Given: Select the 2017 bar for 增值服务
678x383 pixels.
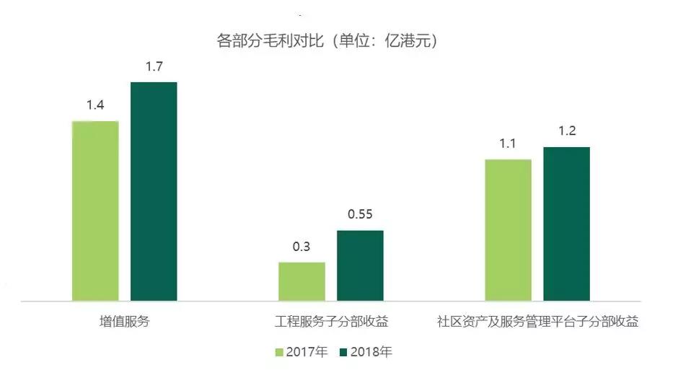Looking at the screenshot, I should click(x=95, y=210).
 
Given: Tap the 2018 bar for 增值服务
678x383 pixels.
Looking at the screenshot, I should click(x=154, y=191).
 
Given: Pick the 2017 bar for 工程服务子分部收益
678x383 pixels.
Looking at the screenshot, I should click(x=301, y=281).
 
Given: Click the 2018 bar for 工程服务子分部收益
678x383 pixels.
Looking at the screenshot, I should click(x=360, y=265).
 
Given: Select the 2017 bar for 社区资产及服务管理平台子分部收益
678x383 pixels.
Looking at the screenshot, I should click(x=508, y=229).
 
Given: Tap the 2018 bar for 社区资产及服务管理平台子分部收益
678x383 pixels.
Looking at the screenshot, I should click(x=566, y=224).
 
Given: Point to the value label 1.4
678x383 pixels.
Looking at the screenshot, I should click(x=95, y=105).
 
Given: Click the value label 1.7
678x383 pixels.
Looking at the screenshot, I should click(x=154, y=67).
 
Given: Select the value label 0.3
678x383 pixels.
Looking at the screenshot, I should click(x=301, y=247).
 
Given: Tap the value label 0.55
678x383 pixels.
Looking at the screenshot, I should click(x=360, y=215).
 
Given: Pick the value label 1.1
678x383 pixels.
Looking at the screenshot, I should click(x=508, y=144).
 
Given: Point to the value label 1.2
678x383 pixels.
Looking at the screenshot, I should click(x=566, y=132).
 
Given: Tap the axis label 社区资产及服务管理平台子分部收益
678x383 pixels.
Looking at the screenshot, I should click(x=537, y=321).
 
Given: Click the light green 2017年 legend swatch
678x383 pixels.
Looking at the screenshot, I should click(x=280, y=353).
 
